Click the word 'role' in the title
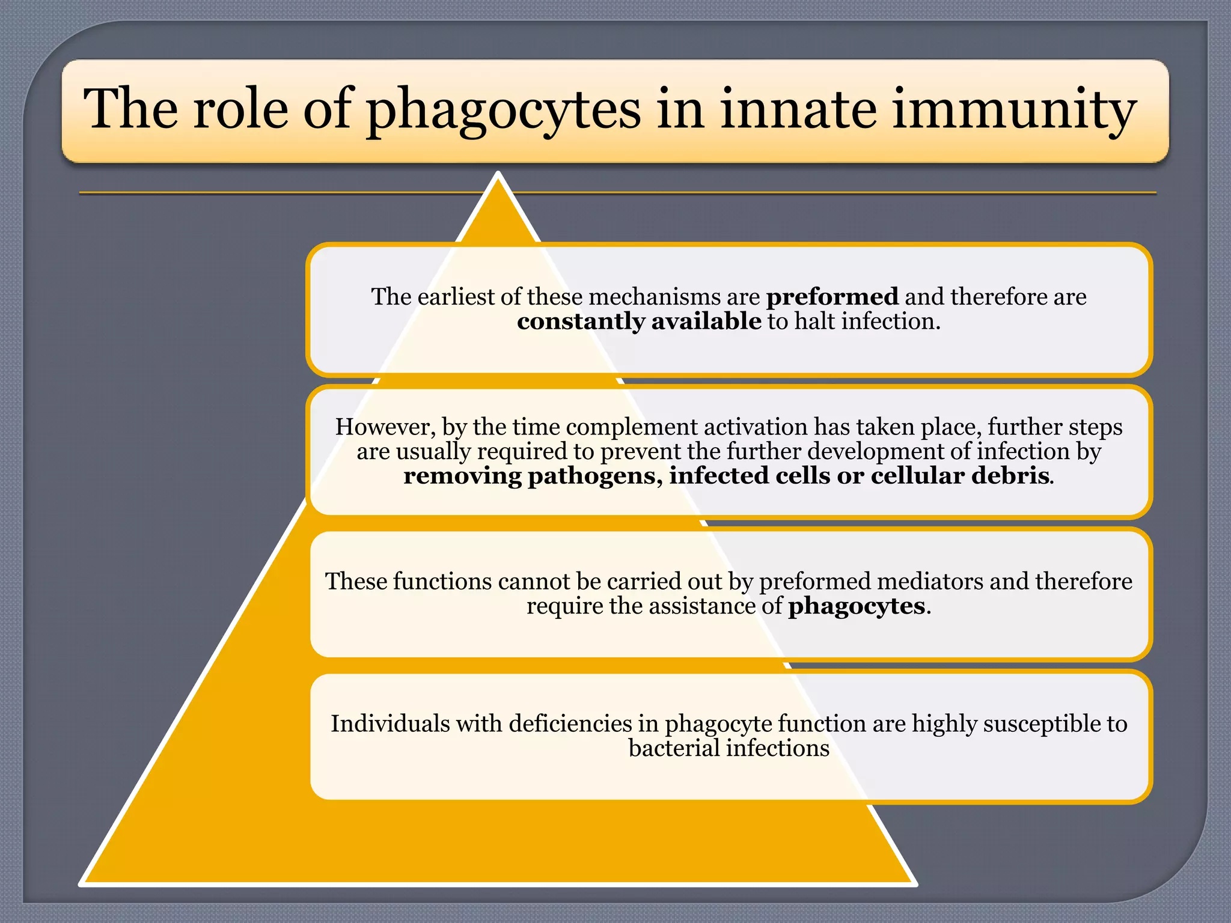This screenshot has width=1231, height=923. click(240, 109)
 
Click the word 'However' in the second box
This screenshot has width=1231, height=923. click(384, 427)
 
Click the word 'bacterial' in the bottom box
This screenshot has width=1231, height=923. click(673, 749)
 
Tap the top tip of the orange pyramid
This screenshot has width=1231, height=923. click(498, 175)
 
